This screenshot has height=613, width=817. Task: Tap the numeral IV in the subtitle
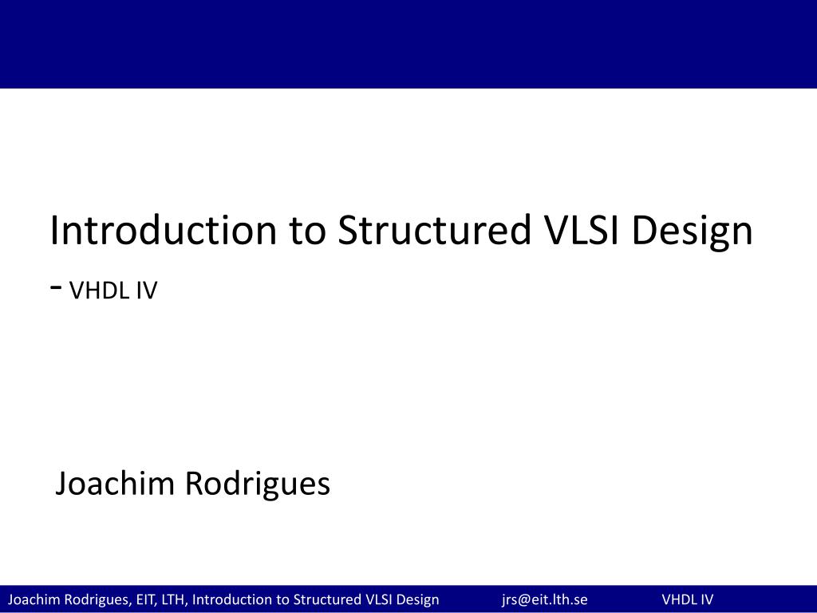pyautogui.click(x=147, y=291)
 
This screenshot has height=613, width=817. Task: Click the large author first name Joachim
pyautogui.click(x=115, y=484)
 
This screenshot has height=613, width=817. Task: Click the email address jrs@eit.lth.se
pyautogui.click(x=544, y=599)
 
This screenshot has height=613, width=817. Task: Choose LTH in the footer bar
pyautogui.click(x=172, y=599)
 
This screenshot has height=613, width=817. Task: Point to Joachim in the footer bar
pyautogui.click(x=32, y=599)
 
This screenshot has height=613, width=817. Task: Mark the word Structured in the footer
pyautogui.click(x=327, y=599)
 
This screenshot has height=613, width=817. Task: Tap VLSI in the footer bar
pyautogui.click(x=380, y=599)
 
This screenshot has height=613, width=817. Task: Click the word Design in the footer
pyautogui.click(x=419, y=599)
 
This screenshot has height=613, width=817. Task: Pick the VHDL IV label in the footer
pyautogui.click(x=687, y=599)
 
